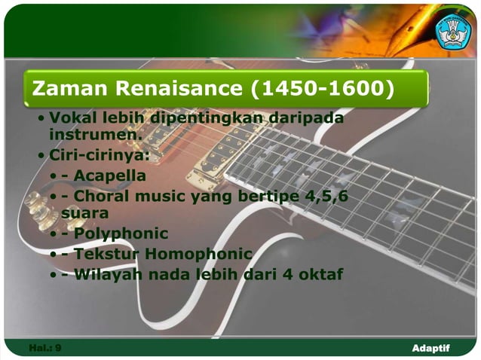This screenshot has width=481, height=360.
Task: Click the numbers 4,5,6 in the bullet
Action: (x=326, y=196)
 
